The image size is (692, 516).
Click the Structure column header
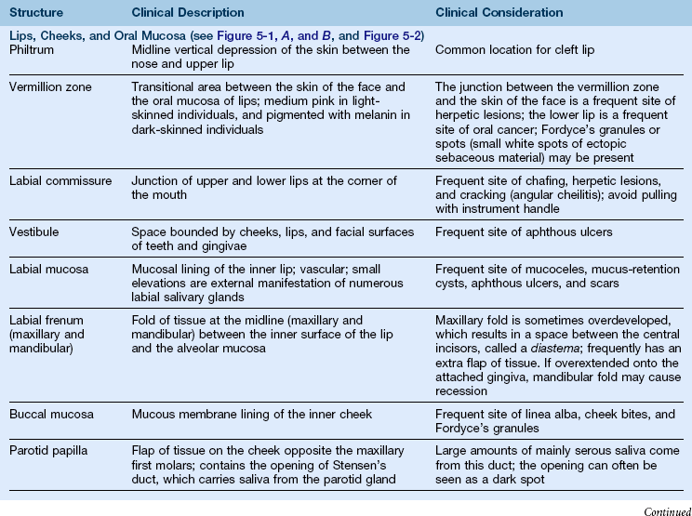coord(36,13)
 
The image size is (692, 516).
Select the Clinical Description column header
coord(189,13)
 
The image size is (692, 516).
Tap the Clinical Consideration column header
coord(499,13)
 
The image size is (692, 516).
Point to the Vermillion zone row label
coord(48,85)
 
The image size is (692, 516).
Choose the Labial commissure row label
coord(60,179)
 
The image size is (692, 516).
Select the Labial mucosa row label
coord(47,269)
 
